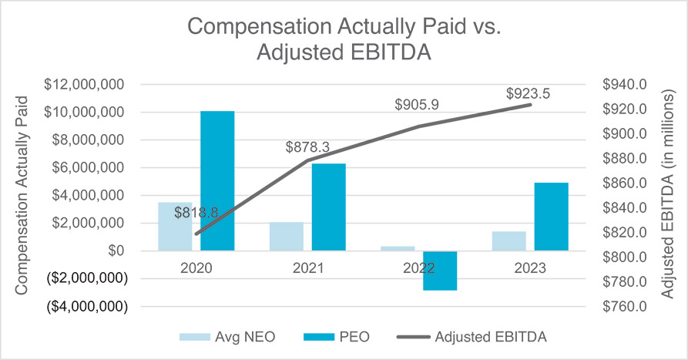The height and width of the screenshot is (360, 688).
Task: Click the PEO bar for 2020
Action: pyautogui.click(x=217, y=180)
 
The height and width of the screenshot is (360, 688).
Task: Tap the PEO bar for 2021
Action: pyautogui.click(x=329, y=207)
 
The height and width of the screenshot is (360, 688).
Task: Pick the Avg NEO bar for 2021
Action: pyautogui.click(x=287, y=236)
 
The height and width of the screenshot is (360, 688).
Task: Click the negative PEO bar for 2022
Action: pyautogui.click(x=440, y=271)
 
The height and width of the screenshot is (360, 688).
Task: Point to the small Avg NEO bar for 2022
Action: pyautogui.click(x=398, y=248)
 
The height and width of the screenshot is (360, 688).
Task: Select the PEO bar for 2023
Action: pyautogui.click(x=551, y=217)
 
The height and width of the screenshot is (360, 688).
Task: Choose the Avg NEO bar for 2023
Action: pyautogui.click(x=508, y=241)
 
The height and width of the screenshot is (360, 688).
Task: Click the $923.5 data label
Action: pyautogui.click(x=529, y=93)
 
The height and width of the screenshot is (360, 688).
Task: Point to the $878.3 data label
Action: pyautogui.click(x=307, y=146)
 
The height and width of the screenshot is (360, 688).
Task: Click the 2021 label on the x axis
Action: pyautogui.click(x=307, y=267)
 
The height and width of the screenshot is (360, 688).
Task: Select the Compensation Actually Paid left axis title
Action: pyautogui.click(x=22, y=195)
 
